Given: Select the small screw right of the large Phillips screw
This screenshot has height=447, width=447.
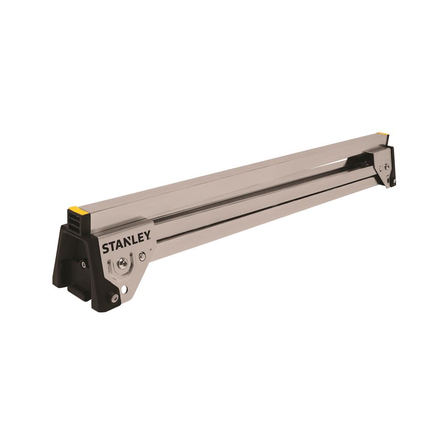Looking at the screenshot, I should click(142, 256).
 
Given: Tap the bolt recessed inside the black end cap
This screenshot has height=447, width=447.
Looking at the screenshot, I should click(83, 265).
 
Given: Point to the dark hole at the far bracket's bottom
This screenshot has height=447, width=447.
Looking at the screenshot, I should click(394, 181).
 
